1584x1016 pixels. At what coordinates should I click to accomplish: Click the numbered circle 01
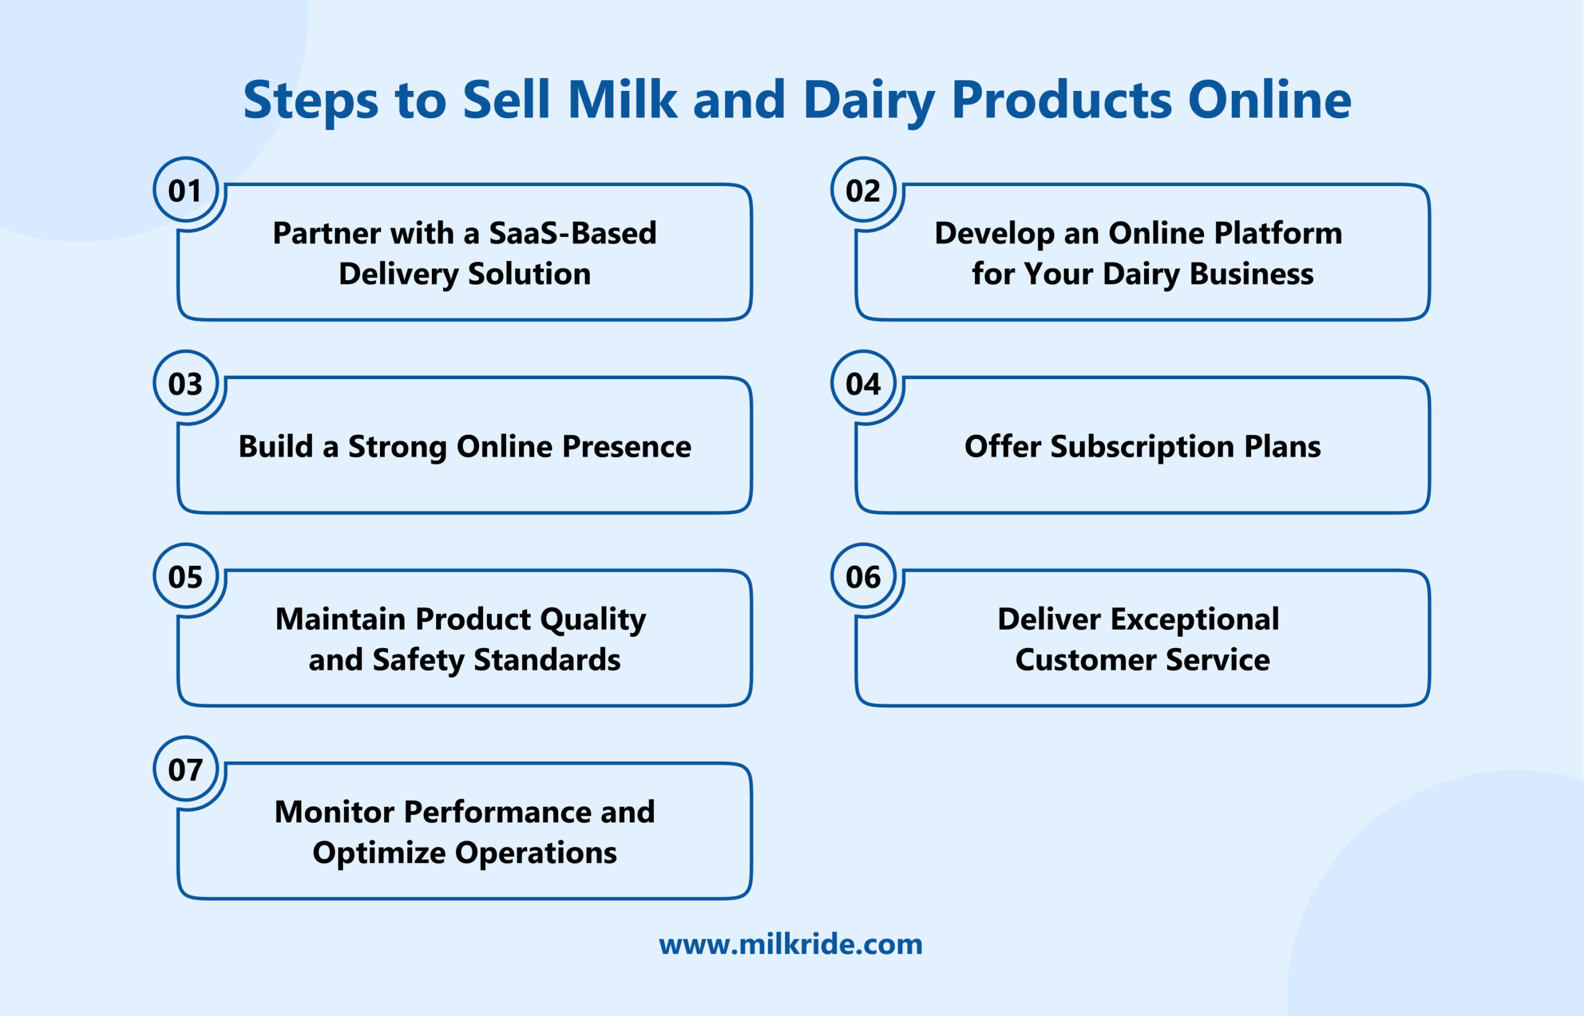(186, 190)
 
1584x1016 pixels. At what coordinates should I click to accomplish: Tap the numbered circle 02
(863, 190)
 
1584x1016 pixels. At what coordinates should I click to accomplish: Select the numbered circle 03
(186, 383)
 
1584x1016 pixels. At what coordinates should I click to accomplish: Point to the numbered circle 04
(863, 383)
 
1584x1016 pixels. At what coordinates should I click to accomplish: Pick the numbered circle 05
(186, 576)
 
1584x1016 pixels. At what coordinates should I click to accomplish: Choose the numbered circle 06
(863, 576)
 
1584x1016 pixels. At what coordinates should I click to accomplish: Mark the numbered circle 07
(186, 770)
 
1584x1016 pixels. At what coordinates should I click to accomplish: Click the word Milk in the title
(622, 100)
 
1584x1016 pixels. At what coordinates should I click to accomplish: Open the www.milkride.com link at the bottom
(791, 945)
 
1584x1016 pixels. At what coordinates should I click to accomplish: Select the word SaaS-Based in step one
(572, 233)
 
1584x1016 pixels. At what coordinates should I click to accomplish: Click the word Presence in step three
(626, 446)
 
